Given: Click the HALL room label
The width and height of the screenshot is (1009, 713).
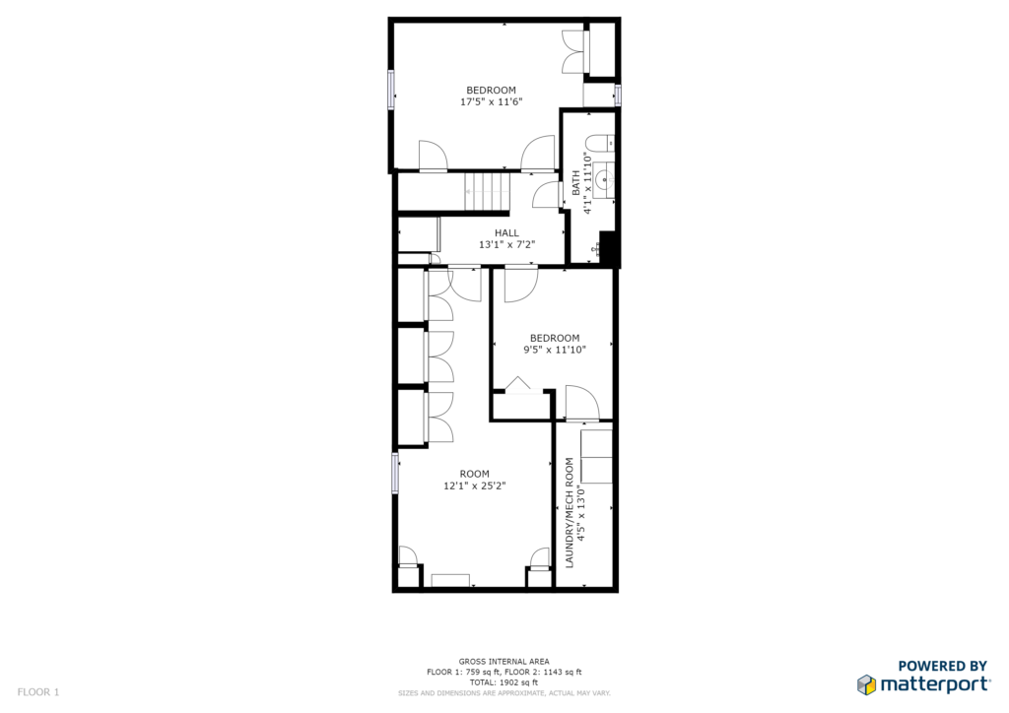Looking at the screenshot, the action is coord(506,232).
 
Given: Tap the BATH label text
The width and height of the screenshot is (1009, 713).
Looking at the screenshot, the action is coord(575,182).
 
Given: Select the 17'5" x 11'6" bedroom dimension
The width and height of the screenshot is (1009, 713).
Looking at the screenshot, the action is coord(491,101).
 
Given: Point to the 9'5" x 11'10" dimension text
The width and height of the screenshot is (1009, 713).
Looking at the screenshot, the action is coord(555,350).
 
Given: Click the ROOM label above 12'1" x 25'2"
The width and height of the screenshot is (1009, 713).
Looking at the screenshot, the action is coord(474,474).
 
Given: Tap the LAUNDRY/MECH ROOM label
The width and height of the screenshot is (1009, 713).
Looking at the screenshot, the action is coord(569,512).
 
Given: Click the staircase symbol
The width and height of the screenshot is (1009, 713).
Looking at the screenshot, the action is coord(487,191).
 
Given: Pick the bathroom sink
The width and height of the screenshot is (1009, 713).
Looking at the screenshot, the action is coord(604,180).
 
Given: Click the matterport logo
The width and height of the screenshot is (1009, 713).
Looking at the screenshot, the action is coord(923,684).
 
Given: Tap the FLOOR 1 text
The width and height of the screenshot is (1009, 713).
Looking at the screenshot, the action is coord(38,692).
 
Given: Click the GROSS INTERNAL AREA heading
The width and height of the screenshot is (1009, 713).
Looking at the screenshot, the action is coord(504,661).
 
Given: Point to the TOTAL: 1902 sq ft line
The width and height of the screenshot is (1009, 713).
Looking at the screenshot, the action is coord(504,682).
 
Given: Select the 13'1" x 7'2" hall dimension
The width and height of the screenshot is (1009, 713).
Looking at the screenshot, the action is coord(507,244).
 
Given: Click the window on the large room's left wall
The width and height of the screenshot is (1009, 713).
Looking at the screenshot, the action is coord(395,473).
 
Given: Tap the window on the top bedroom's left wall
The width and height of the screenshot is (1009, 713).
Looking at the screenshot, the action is coord(390,90).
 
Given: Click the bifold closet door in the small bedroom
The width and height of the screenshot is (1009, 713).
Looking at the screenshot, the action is coord(518,385).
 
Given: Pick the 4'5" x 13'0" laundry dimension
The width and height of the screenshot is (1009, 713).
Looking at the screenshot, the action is coord(581,513).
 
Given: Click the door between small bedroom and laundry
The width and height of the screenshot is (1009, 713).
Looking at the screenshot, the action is coord(582,403).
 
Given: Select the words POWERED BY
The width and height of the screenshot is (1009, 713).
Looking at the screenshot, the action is coord(942,666).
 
